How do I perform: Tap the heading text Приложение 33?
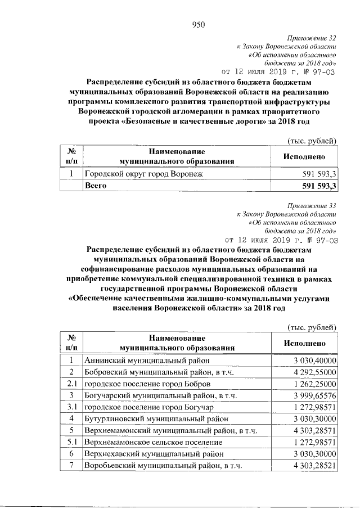tap(314, 205)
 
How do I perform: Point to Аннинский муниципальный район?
tap(147, 361)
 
